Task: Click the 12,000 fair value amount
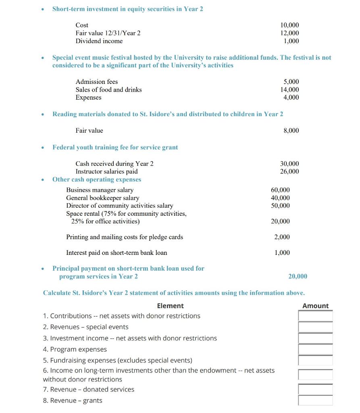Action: pos(289,33)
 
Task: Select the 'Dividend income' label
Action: pos(99,41)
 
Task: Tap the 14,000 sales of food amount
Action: pos(289,90)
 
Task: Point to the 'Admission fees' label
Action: pos(97,82)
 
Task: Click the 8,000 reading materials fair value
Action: pos(291,130)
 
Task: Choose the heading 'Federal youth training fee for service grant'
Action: pos(115,147)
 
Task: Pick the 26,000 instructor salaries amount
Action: pos(289,171)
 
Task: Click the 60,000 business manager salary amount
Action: pos(280,190)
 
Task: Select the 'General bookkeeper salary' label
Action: pos(102,198)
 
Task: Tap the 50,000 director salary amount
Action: pos(280,206)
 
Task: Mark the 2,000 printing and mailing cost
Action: pos(282,237)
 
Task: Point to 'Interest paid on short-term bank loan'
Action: pos(117,253)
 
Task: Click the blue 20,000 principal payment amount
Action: pos(298,276)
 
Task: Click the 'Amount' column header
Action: pos(315,306)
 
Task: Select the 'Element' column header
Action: pos(170,306)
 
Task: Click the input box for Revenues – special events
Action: pos(315,327)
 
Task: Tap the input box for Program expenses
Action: pos(315,349)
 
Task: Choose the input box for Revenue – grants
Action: pos(315,400)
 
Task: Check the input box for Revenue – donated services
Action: pos(315,389)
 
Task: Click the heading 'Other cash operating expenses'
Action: pos(97,179)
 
